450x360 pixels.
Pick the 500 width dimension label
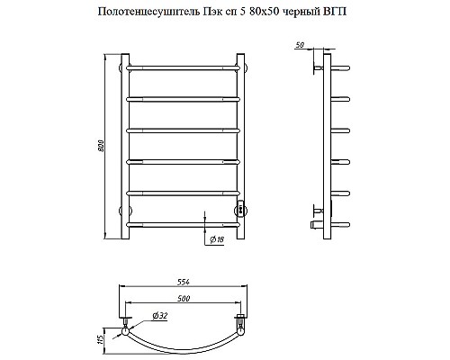[x=184, y=298]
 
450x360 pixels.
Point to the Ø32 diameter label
[x=158, y=314]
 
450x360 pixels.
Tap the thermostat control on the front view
[x=240, y=209]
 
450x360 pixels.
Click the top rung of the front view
[x=184, y=66]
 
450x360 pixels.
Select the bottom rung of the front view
[x=184, y=222]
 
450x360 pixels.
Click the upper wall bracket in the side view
[x=318, y=66]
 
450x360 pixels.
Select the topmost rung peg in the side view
[x=340, y=66]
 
